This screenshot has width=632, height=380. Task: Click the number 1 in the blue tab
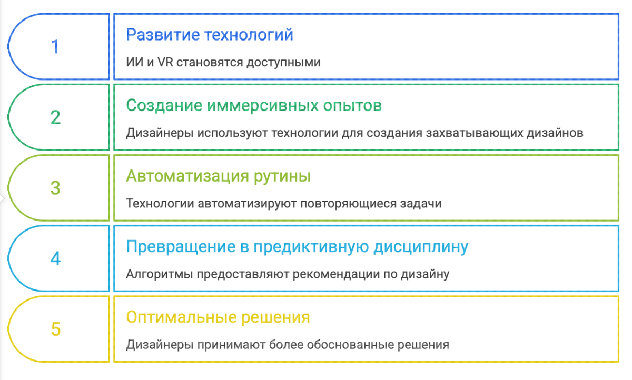55,47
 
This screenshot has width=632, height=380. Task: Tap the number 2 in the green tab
56,117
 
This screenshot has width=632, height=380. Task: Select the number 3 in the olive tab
56,188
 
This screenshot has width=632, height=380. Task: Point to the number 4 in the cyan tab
56,258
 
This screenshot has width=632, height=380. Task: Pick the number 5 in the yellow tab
56,329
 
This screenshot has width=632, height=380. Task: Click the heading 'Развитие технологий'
210,35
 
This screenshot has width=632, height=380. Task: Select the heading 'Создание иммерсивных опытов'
254,105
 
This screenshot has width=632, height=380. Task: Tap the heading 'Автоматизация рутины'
219,176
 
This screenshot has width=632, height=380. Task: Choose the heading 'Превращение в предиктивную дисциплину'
297,246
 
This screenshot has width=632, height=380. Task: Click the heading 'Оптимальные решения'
218,317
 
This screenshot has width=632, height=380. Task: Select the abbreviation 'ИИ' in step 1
134,63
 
